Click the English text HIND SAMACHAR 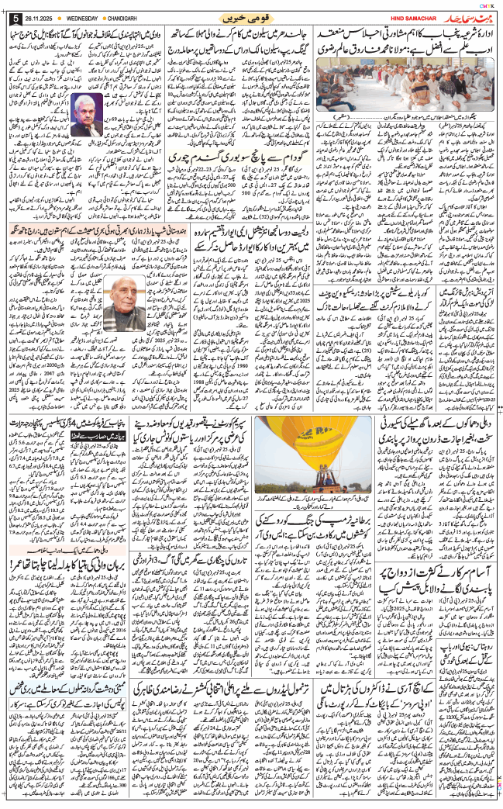(403, 17)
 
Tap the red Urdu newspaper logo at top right (462, 16)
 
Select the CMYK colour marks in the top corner (484, 4)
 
